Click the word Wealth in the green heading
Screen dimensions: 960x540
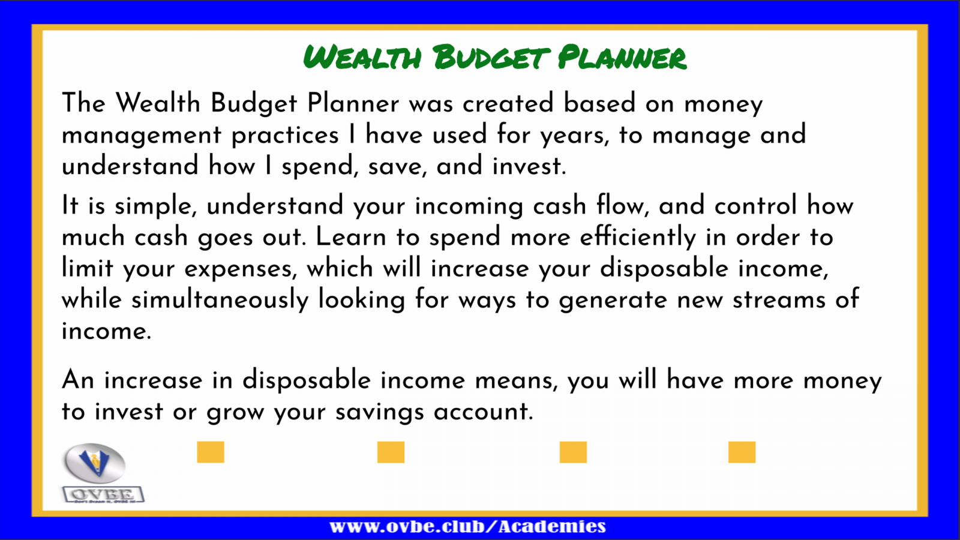tap(362, 57)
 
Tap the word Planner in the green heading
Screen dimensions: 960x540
tap(622, 57)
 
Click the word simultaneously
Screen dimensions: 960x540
tap(220, 300)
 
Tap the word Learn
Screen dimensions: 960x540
tap(351, 237)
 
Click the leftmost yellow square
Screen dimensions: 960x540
tap(211, 452)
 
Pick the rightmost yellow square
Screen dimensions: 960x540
tap(742, 452)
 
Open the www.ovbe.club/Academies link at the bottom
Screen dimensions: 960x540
tap(467, 527)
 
